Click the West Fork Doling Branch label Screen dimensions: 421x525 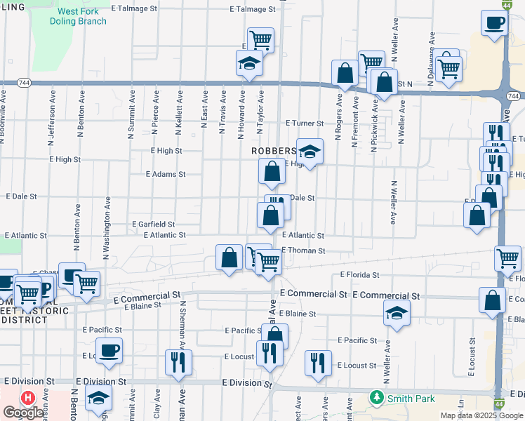click(79, 17)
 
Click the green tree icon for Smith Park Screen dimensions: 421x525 click(378, 398)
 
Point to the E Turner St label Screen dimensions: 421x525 click(304, 123)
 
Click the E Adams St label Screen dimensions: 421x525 click(166, 174)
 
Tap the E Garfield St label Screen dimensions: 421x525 click(154, 224)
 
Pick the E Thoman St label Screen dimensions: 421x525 click(303, 250)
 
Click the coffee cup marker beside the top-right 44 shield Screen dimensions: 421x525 click(494, 22)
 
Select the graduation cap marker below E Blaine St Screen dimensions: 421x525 click(397, 313)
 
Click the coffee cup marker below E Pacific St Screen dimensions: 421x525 click(109, 350)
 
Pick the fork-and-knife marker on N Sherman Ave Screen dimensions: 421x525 click(176, 361)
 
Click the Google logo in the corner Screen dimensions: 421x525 click(23, 413)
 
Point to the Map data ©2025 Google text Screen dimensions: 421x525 click(481, 415)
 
